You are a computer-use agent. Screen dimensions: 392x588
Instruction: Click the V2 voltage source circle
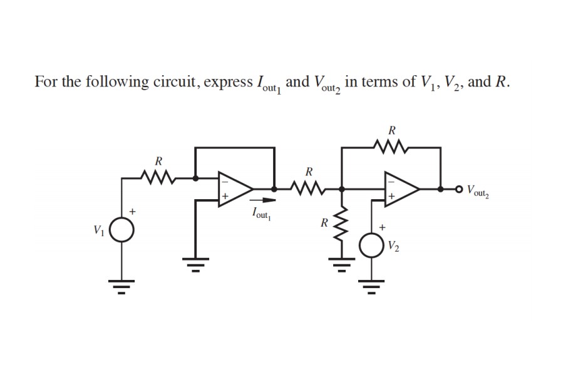pyautogui.click(x=371, y=244)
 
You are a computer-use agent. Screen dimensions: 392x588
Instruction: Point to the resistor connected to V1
pyautogui.click(x=157, y=178)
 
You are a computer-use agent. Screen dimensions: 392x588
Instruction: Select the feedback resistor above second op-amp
pyautogui.click(x=392, y=148)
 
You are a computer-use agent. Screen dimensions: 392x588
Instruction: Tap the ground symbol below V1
pyautogui.click(x=123, y=288)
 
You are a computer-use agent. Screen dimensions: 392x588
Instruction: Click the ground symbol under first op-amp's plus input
pyautogui.click(x=195, y=266)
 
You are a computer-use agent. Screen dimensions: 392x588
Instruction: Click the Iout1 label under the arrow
pyautogui.click(x=259, y=214)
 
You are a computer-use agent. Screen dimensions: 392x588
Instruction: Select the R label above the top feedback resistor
pyautogui.click(x=392, y=131)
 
